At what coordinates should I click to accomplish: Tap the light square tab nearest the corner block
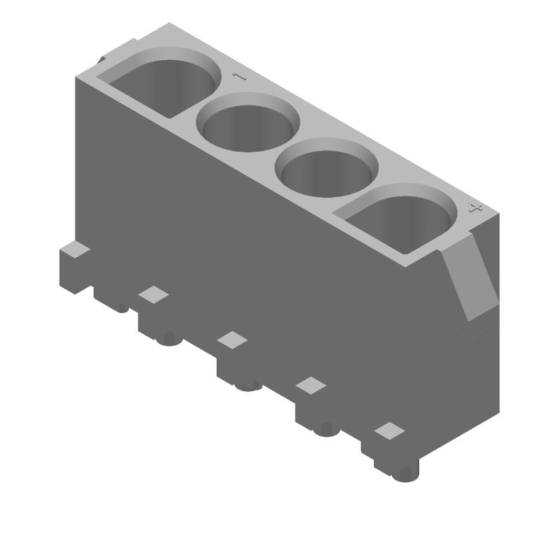click(x=154, y=294)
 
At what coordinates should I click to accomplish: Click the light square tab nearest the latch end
click(x=390, y=430)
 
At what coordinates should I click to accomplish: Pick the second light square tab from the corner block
click(x=232, y=340)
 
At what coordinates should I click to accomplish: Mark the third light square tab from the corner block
click(x=311, y=385)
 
